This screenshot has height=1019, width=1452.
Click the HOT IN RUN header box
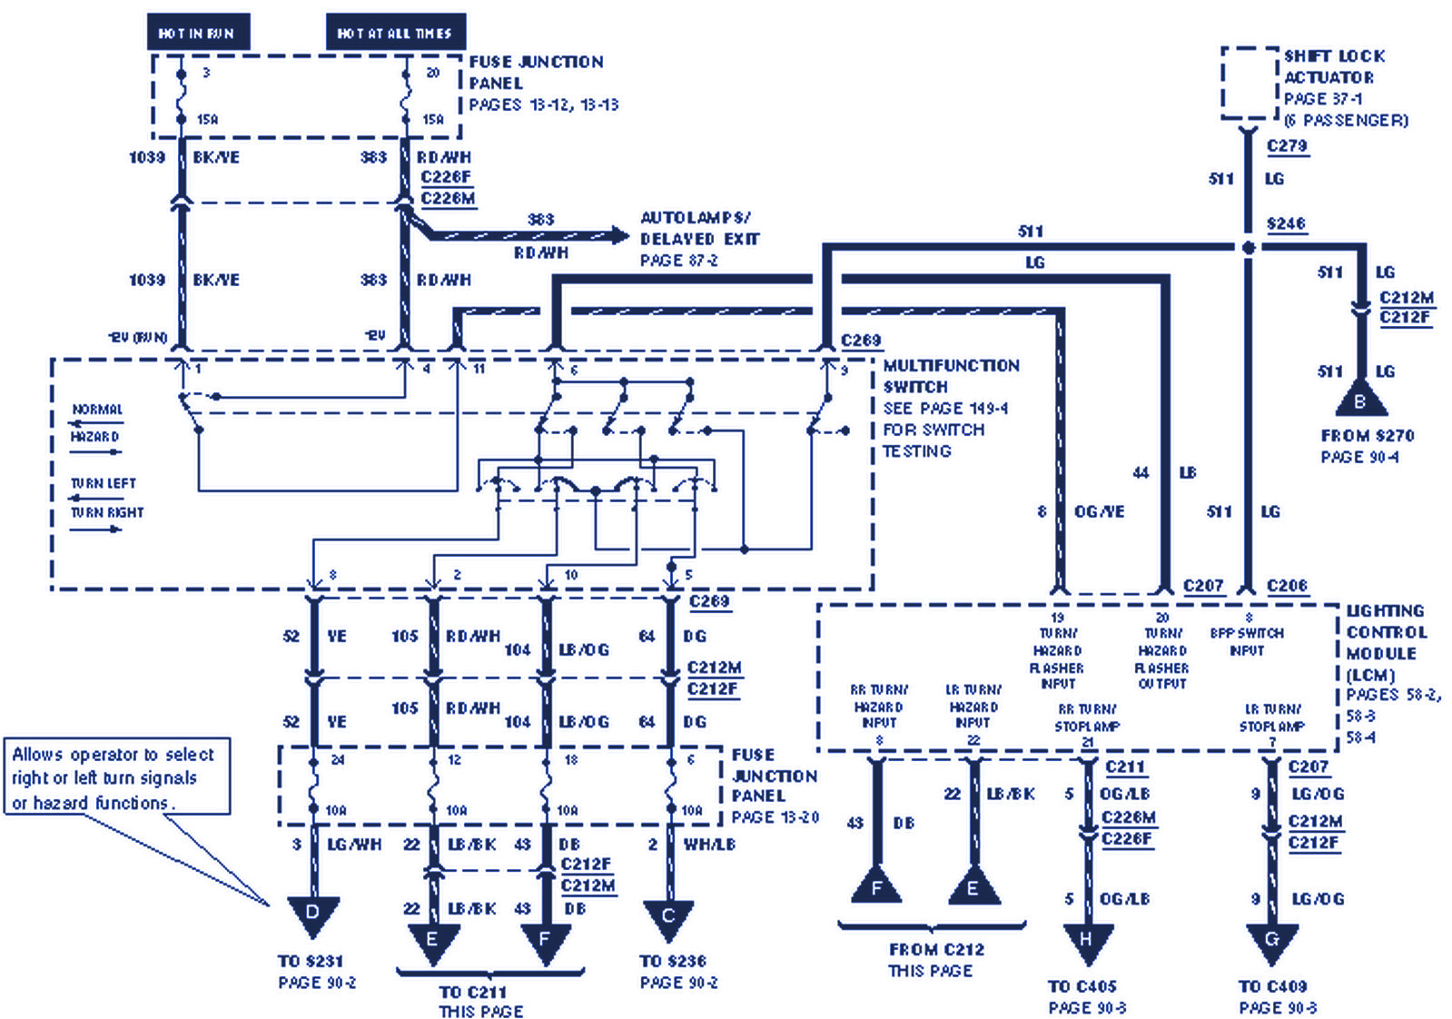198,33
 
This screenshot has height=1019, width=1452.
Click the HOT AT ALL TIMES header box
395,33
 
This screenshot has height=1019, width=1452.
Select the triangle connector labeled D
312,914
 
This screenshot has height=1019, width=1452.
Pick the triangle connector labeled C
668,917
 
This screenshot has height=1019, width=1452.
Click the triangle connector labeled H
1086,941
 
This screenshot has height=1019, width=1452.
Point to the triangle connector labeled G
1271,941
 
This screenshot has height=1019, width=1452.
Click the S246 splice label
1286,223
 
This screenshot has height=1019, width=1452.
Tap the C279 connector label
1287,145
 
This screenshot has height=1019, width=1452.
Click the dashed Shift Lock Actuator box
1250,84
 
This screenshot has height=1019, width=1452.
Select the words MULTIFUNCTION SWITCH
950,376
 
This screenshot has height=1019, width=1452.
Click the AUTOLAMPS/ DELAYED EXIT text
697,229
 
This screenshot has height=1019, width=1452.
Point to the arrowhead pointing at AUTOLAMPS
621,236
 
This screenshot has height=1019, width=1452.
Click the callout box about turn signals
116,777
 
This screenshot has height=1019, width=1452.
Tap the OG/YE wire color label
1099,511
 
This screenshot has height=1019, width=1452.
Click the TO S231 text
311,961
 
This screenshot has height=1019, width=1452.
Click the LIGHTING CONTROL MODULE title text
1386,632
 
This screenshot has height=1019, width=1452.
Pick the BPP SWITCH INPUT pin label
1247,641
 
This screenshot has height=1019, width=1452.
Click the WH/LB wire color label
709,845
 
